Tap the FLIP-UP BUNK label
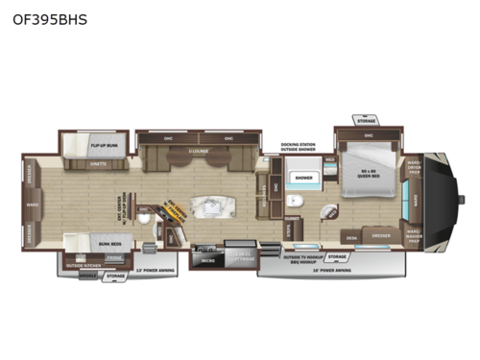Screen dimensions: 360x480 (104, 146)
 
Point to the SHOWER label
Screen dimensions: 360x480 (304, 178)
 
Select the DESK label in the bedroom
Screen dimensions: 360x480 (352, 237)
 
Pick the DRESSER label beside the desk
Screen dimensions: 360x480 (381, 236)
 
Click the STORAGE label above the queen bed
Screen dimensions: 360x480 (366, 122)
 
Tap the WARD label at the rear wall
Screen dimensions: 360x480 (32, 204)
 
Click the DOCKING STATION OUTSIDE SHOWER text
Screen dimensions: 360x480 (299, 148)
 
